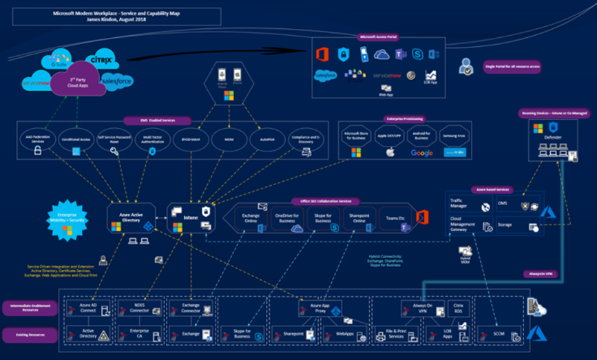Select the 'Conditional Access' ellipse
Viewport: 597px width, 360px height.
[x=76, y=142]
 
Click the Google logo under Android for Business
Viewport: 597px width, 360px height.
[x=421, y=152]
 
